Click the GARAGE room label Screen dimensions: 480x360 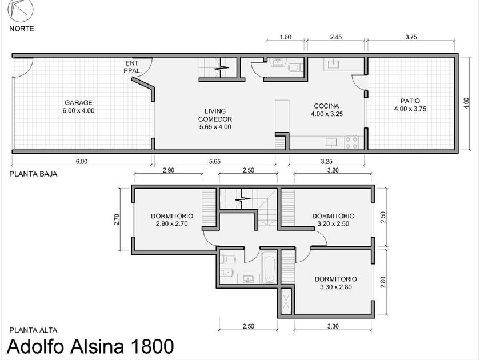pyautogui.click(x=78, y=106)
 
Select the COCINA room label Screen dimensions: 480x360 pyautogui.click(x=327, y=110)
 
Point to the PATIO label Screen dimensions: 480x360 pyautogui.click(x=410, y=105)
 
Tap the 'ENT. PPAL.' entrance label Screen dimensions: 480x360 pyautogui.click(x=133, y=67)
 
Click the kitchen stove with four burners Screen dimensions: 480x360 pyautogui.click(x=352, y=142)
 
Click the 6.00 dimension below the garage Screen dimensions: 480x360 pyautogui.click(x=81, y=161)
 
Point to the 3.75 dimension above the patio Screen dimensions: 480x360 pyautogui.click(x=411, y=37)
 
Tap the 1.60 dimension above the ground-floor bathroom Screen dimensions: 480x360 pyautogui.click(x=285, y=37)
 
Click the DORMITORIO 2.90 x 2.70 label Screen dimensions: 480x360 pyautogui.click(x=172, y=220)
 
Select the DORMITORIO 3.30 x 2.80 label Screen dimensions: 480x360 pyautogui.click(x=336, y=283)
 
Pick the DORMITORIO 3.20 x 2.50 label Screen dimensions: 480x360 pyautogui.click(x=333, y=220)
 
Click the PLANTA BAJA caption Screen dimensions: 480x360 pyautogui.click(x=33, y=174)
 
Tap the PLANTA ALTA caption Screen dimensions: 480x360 pyautogui.click(x=33, y=330)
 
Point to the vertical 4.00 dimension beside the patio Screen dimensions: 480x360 pyautogui.click(x=466, y=103)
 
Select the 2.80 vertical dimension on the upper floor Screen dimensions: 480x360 pyautogui.click(x=383, y=282)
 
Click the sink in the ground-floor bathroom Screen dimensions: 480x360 pyautogui.click(x=278, y=62)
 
